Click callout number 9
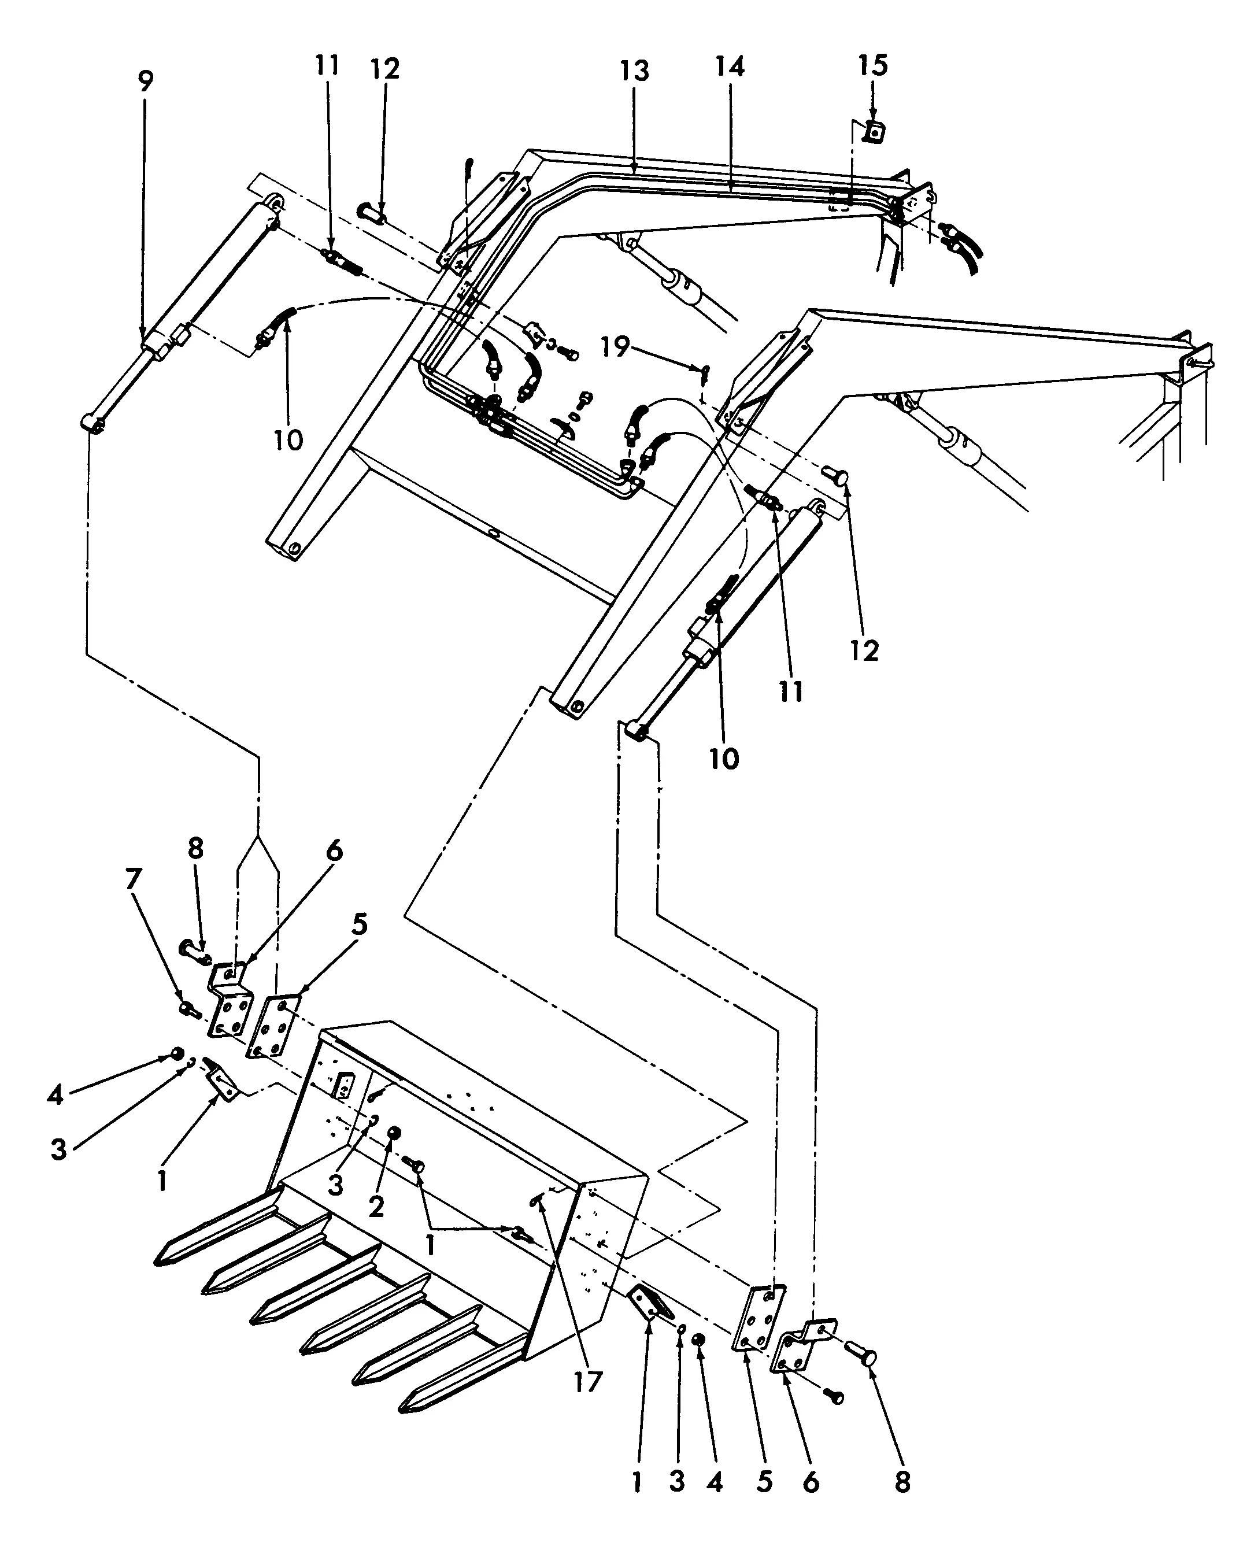point(146,81)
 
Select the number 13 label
point(634,71)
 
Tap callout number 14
point(730,66)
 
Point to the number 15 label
point(873,65)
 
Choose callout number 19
point(615,346)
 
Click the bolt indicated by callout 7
point(190,1009)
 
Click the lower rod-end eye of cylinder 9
point(92,422)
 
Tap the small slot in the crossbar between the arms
point(495,535)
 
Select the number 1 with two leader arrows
point(431,1245)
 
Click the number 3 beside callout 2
point(335,1186)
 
